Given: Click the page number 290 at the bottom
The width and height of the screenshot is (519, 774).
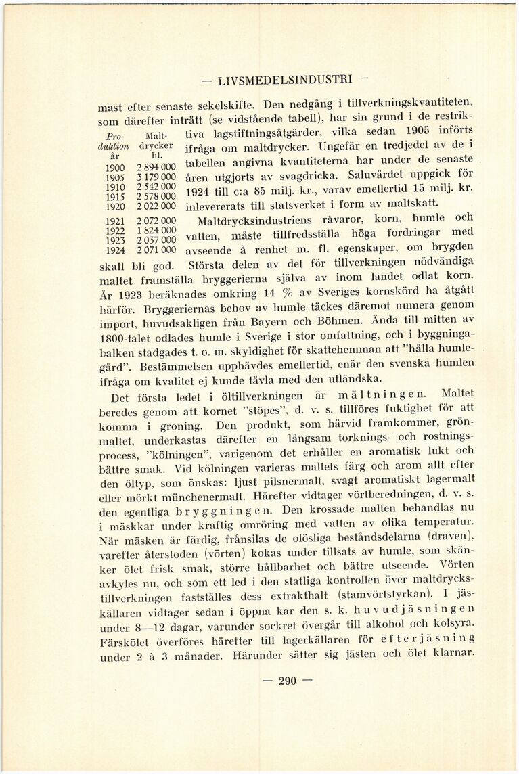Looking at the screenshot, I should coord(288,681).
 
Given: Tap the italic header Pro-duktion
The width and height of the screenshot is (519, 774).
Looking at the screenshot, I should coord(113,140).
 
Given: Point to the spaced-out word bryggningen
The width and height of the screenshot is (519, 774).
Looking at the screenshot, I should coord(223,510).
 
